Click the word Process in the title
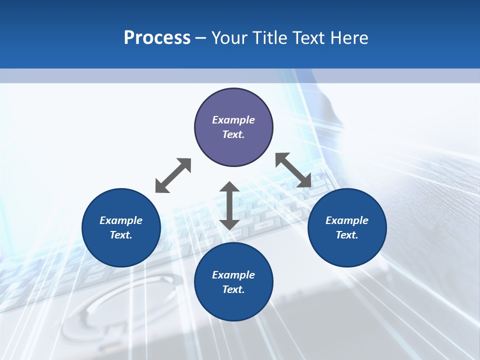click(x=157, y=38)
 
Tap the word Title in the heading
click(x=273, y=38)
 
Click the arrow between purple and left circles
click(x=173, y=175)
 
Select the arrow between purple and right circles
click(x=293, y=170)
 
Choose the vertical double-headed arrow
click(x=229, y=205)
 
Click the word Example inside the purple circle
click(x=233, y=120)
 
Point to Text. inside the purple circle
click(x=233, y=134)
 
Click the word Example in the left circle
click(x=121, y=220)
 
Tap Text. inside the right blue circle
click(x=347, y=235)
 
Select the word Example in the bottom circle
click(x=233, y=275)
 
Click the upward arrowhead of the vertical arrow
click(x=229, y=187)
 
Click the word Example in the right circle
click(x=347, y=220)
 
